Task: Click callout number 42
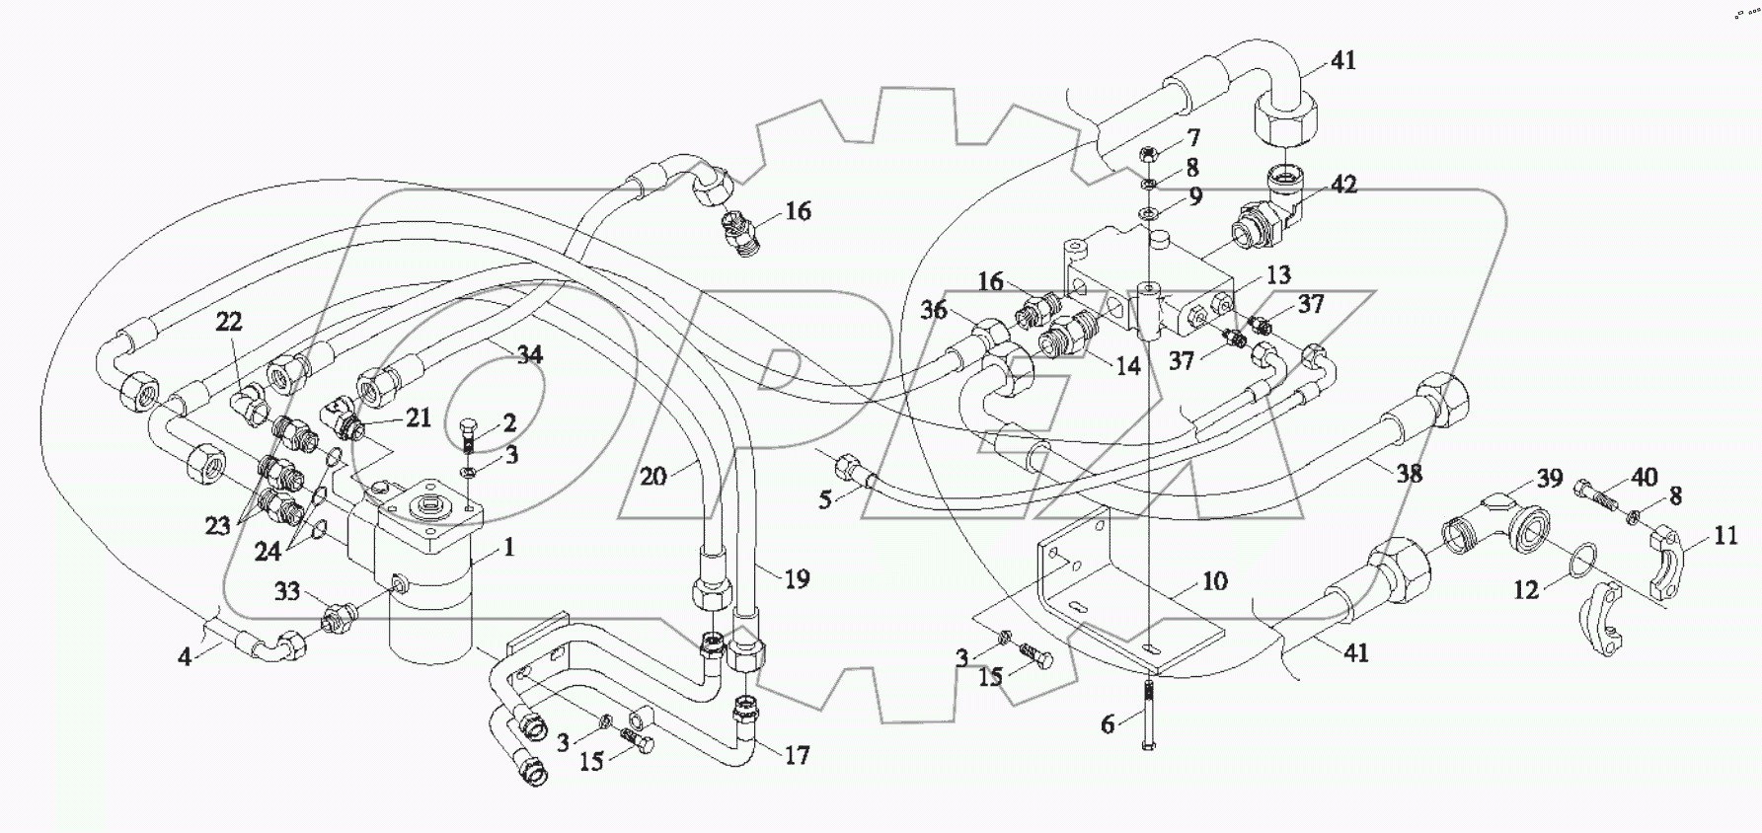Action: click(x=1342, y=185)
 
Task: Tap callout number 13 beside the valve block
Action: click(x=1277, y=275)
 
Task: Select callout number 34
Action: click(x=530, y=354)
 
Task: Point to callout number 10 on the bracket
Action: click(x=1214, y=580)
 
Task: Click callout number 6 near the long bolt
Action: click(x=1108, y=725)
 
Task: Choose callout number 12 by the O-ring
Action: click(x=1526, y=590)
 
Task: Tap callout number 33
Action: click(x=287, y=592)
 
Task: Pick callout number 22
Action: click(x=229, y=322)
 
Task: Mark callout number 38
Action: click(x=1410, y=474)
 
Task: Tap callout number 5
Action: click(x=825, y=500)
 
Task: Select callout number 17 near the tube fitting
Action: click(x=796, y=755)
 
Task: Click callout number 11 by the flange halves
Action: click(x=1724, y=536)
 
